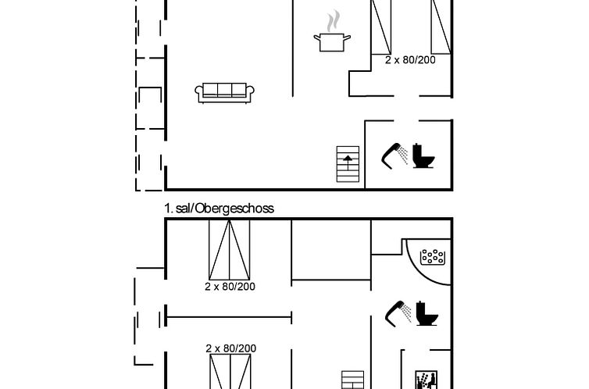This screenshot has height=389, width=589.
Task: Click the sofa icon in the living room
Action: (x=224, y=92)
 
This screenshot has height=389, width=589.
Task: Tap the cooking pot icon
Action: (x=332, y=42)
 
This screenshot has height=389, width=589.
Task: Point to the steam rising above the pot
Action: (x=333, y=21)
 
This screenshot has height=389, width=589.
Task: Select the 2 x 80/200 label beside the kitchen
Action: (x=410, y=59)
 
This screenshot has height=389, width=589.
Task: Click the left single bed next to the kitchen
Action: (x=381, y=27)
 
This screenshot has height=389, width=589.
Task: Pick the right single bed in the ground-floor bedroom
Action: (x=441, y=27)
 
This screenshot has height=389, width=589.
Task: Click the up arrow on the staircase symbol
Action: (x=348, y=162)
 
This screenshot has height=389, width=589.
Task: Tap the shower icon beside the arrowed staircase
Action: (x=394, y=155)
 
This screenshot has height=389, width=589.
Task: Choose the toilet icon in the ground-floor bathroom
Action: (x=423, y=155)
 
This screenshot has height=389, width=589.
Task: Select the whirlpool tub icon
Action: (x=432, y=257)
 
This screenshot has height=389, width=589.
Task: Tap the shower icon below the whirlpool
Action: (x=398, y=313)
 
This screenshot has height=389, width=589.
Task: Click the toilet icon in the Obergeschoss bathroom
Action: (x=427, y=313)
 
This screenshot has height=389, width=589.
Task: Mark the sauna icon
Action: (x=427, y=380)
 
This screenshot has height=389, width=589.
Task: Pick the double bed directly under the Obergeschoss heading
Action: (x=230, y=250)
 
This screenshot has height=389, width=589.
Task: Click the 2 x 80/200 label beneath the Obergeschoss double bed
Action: (x=230, y=287)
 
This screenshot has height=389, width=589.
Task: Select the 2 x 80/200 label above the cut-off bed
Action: (x=231, y=348)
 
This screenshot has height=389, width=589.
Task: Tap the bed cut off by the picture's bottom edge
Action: (x=230, y=372)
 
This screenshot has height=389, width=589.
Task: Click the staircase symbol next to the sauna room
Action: (x=353, y=380)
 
